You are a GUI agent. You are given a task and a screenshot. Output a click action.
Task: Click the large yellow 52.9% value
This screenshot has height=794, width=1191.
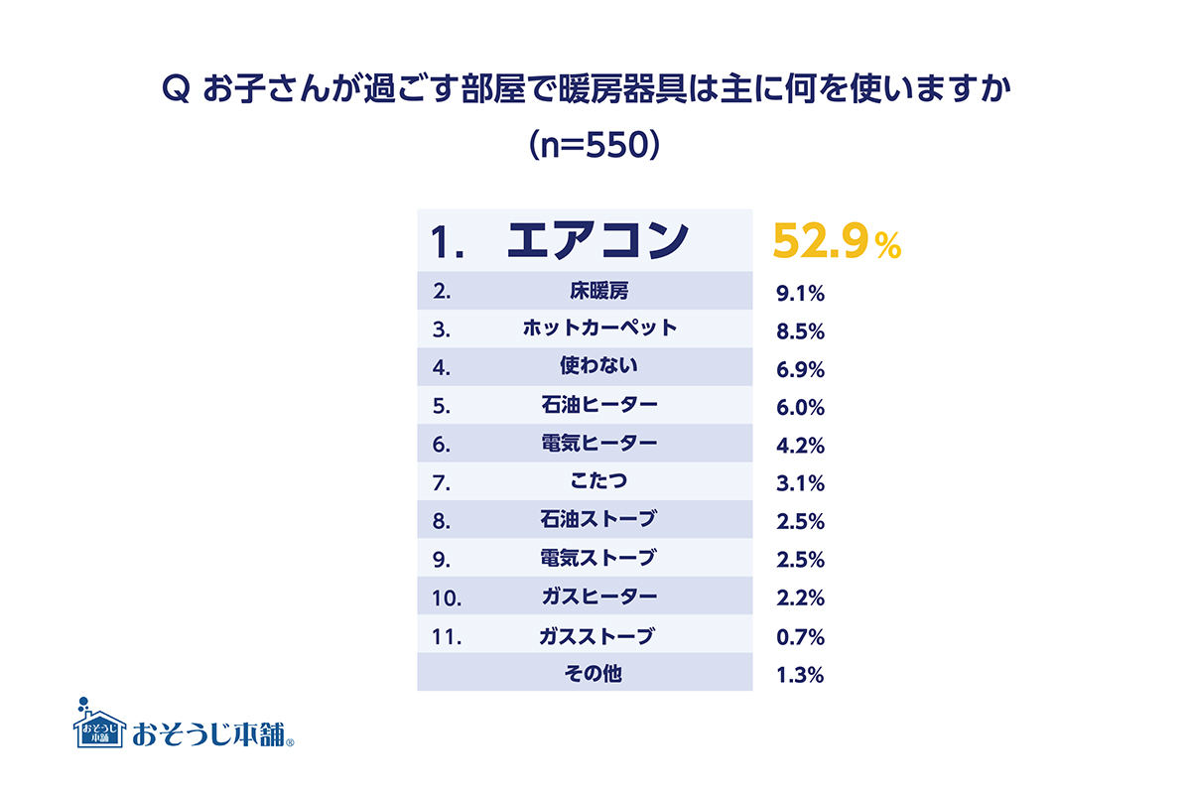[x=837, y=241]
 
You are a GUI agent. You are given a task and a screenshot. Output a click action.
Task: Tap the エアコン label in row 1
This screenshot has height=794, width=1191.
[x=597, y=240]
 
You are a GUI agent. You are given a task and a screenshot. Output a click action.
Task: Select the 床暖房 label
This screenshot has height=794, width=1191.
[x=599, y=291]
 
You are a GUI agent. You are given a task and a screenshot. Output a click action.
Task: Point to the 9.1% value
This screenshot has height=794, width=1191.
[x=800, y=293]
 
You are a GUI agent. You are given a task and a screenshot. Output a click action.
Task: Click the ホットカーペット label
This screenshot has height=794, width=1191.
[x=599, y=328]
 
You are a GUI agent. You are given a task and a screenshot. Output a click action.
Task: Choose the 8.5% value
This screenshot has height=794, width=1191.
[x=800, y=331]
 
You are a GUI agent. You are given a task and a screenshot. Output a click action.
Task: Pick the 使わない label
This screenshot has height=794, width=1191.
[x=598, y=365]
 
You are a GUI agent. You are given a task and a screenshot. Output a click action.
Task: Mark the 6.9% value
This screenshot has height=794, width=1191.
[x=800, y=369]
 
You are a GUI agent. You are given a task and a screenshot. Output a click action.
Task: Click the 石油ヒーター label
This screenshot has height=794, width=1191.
[x=599, y=405]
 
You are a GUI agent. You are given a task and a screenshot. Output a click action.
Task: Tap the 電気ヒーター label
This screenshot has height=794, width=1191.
[x=599, y=443]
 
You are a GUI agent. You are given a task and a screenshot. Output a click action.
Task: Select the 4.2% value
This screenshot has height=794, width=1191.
[x=800, y=446]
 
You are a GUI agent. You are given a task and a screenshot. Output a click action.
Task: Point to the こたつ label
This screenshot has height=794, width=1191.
[x=598, y=480]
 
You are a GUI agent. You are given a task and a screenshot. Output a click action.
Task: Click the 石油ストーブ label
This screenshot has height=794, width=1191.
[x=598, y=518]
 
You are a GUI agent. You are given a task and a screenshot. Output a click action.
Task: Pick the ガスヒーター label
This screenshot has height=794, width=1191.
[x=599, y=596]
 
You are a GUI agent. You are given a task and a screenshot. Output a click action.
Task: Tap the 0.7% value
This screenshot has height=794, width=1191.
[x=800, y=636]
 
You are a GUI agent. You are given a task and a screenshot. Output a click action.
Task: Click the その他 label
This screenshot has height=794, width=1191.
[x=593, y=674]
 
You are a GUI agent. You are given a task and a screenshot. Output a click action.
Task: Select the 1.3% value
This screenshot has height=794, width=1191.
[x=800, y=675]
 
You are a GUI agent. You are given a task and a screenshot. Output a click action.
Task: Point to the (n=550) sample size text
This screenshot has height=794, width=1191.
[x=595, y=145]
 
